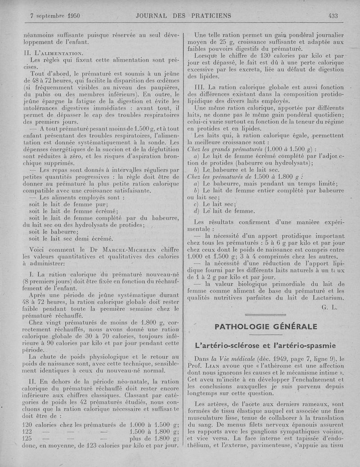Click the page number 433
333,16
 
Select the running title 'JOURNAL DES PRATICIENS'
183,16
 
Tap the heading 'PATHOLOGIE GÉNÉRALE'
265,326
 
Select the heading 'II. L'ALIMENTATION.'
52,53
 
